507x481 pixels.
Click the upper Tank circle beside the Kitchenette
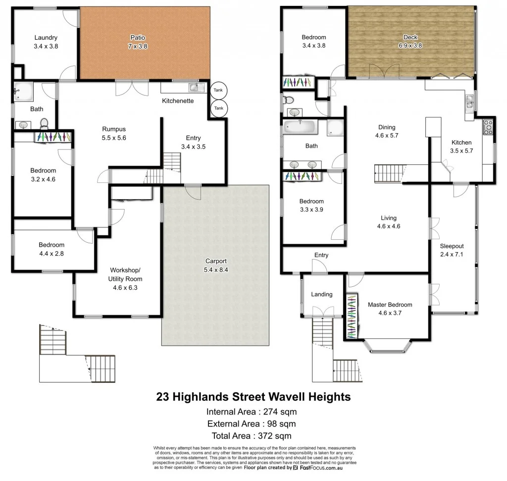point(218,90)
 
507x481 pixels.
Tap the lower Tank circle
point(218,108)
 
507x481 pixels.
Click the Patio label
point(137,37)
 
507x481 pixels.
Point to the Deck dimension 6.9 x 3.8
point(410,46)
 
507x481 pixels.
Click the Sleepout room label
point(452,246)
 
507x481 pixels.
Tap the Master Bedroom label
point(390,305)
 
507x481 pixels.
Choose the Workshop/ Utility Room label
point(125,270)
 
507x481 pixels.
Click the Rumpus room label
point(113,129)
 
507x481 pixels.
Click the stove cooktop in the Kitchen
point(488,127)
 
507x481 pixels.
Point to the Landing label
point(321,294)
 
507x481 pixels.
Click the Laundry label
point(46,37)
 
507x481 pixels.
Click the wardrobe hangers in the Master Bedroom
point(351,317)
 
